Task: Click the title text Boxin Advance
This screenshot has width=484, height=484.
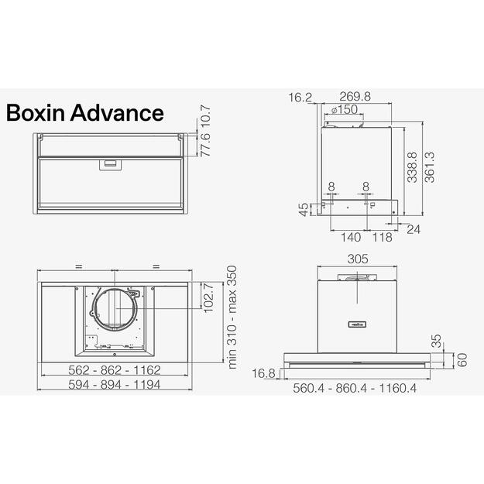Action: pyautogui.click(x=84, y=113)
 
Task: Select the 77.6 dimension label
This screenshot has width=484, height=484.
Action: pyautogui.click(x=206, y=145)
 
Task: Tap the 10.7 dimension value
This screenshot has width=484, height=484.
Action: pyautogui.click(x=206, y=117)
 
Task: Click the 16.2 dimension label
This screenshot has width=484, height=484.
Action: pyautogui.click(x=300, y=97)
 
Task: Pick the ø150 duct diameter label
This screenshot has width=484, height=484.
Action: pyautogui.click(x=344, y=110)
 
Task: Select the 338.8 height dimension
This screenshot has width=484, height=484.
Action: pyautogui.click(x=414, y=167)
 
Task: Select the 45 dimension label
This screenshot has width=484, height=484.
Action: pyautogui.click(x=304, y=210)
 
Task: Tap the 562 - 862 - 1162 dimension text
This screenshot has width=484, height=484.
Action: pyautogui.click(x=113, y=371)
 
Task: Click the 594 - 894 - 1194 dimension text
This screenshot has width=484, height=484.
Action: pyautogui.click(x=113, y=385)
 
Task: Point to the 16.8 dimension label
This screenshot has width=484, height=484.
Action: pyautogui.click(x=266, y=373)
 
